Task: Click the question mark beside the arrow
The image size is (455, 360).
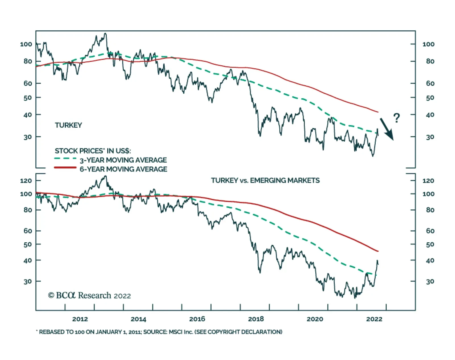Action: (x=396, y=118)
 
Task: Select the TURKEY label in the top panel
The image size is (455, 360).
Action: (x=68, y=125)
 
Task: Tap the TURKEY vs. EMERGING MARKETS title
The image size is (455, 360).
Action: (x=265, y=180)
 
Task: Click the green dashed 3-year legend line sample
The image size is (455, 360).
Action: (x=65, y=159)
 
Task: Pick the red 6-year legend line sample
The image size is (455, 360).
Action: (x=65, y=168)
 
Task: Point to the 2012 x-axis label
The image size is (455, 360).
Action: (x=80, y=319)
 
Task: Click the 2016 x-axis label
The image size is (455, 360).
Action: (x=197, y=319)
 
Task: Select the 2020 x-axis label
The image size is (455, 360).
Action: (x=315, y=319)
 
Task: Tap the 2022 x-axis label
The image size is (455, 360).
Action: (x=374, y=319)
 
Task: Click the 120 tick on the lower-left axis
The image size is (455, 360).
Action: (x=26, y=181)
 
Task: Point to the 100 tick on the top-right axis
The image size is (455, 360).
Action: (x=428, y=44)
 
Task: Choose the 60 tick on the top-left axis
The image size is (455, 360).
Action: (x=28, y=84)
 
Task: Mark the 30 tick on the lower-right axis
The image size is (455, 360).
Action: (x=430, y=282)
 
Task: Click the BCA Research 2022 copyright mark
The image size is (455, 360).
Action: (x=89, y=296)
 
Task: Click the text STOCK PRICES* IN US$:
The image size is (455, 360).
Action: (x=93, y=151)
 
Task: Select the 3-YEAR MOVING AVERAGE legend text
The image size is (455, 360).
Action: (x=123, y=160)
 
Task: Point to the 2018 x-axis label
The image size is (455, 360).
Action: (x=256, y=319)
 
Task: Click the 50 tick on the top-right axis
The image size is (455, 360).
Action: (x=430, y=98)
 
